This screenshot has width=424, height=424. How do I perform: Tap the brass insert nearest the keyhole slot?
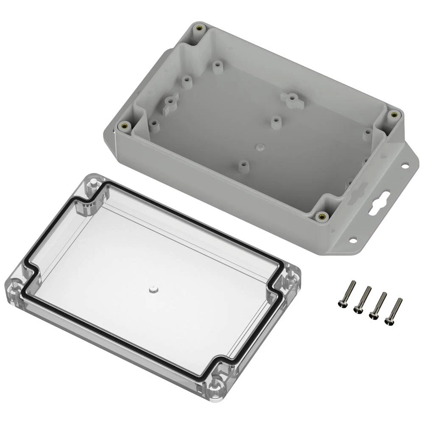coord(322,217)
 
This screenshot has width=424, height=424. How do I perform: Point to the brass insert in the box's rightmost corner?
coord(393,114)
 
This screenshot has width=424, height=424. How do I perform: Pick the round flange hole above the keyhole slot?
coord(405,166)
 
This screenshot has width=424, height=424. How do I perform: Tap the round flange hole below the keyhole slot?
coord(352,240)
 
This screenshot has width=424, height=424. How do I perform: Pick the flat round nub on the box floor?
coord(259,146)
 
